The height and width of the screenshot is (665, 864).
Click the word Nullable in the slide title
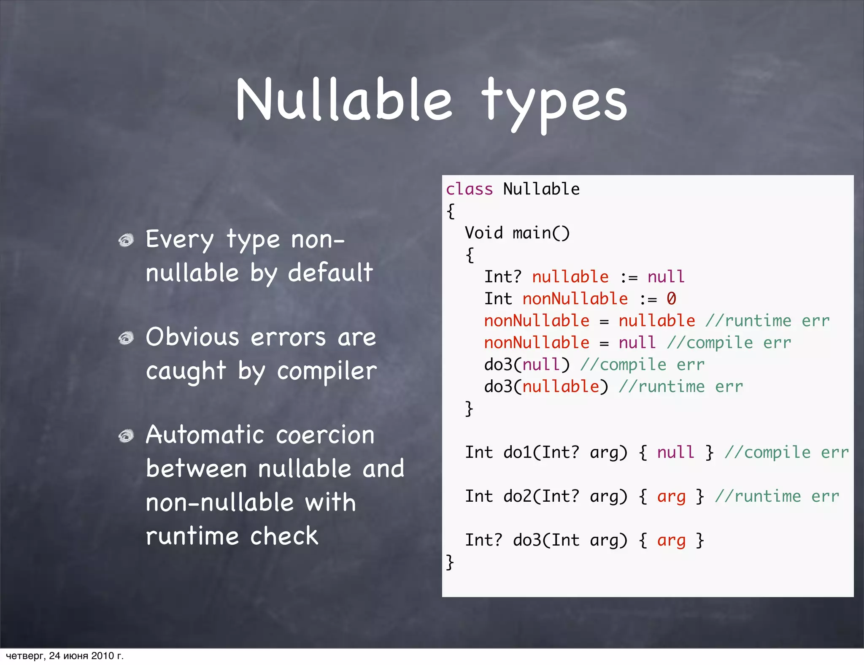click(344, 100)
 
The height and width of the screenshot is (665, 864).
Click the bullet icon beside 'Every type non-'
click(126, 241)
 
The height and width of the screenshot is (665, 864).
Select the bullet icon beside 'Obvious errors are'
click(126, 338)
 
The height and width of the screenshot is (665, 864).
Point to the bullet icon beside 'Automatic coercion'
click(126, 436)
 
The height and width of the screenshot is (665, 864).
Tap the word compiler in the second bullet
click(327, 371)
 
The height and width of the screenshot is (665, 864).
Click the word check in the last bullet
click(284, 536)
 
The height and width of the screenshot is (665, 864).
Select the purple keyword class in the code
click(469, 189)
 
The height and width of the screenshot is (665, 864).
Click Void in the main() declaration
click(484, 233)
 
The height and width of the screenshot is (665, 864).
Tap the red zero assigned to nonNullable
click(671, 299)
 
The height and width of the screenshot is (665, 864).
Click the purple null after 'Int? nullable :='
click(666, 277)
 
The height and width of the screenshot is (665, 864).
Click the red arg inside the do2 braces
click(671, 497)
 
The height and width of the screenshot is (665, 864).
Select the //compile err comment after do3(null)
click(642, 365)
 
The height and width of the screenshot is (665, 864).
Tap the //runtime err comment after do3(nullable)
click(680, 387)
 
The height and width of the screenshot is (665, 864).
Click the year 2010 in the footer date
click(103, 656)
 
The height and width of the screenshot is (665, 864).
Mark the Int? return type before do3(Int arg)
click(483, 540)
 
